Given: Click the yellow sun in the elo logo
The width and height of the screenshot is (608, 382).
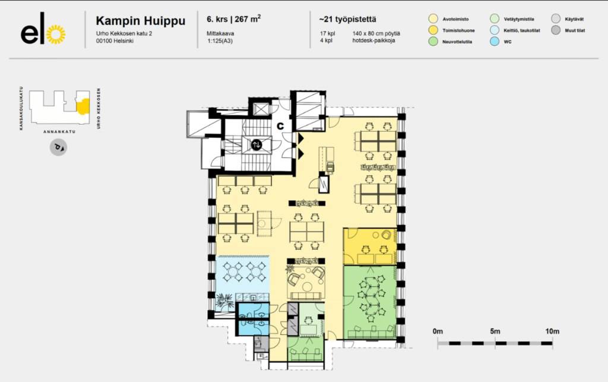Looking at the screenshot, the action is pyautogui.click(x=56, y=34).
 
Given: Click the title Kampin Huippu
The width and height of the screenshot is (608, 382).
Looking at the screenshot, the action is pyautogui.click(x=140, y=21).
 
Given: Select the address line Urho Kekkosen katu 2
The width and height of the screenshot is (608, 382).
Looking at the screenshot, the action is pyautogui.click(x=124, y=33).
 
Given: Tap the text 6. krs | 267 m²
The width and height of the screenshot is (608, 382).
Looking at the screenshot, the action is pyautogui.click(x=233, y=19).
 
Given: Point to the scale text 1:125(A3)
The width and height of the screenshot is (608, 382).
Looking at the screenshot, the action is pyautogui.click(x=220, y=41).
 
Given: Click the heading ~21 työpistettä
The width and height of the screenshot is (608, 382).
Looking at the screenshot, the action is pyautogui.click(x=347, y=20).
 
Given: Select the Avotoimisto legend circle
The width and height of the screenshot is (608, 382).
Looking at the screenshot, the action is pyautogui.click(x=433, y=18).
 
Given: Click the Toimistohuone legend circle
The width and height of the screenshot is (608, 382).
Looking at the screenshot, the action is pyautogui.click(x=433, y=30).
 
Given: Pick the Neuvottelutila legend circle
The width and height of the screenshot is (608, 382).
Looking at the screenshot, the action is pyautogui.click(x=433, y=41).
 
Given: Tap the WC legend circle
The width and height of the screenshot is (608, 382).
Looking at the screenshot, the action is pyautogui.click(x=495, y=41).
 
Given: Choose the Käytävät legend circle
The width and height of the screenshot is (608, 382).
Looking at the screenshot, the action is pyautogui.click(x=556, y=18).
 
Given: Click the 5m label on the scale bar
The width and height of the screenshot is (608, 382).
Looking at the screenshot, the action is pyautogui.click(x=495, y=331).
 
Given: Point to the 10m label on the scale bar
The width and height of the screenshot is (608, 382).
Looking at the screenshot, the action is pyautogui.click(x=552, y=331).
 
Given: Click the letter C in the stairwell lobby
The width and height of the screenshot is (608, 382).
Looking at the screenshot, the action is pyautogui.click(x=280, y=126).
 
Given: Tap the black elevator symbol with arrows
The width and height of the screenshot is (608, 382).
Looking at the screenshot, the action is pyautogui.click(x=256, y=145).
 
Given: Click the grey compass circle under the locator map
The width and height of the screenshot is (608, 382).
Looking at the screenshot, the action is pyautogui.click(x=58, y=147).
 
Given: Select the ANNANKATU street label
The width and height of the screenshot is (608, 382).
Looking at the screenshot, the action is pyautogui.click(x=59, y=132).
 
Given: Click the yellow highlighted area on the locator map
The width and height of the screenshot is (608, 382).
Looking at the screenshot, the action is pyautogui.click(x=83, y=107).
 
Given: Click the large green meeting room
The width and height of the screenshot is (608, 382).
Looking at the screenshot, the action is pyautogui.click(x=370, y=302).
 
